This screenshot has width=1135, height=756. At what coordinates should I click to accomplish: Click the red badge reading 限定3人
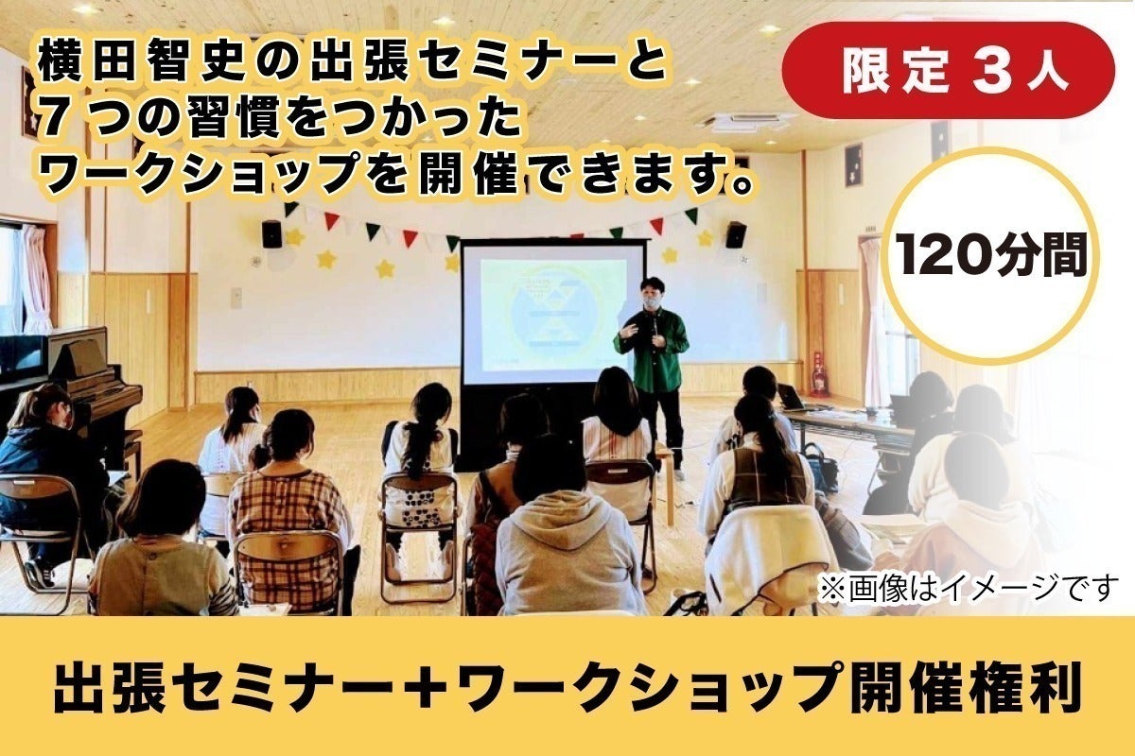[948, 70]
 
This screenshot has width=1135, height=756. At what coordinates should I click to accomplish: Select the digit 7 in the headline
[52, 122]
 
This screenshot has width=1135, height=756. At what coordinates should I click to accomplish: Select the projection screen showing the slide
[551, 314]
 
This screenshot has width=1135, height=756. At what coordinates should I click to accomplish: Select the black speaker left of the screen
[271, 234]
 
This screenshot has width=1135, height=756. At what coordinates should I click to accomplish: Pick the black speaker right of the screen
[736, 235]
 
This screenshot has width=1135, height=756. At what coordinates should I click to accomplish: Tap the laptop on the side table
[791, 398]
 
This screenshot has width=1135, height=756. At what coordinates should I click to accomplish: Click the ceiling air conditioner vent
[743, 122]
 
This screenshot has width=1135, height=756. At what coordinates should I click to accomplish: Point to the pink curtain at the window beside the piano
[36, 279]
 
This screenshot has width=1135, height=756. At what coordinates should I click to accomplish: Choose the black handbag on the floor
[820, 467]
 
